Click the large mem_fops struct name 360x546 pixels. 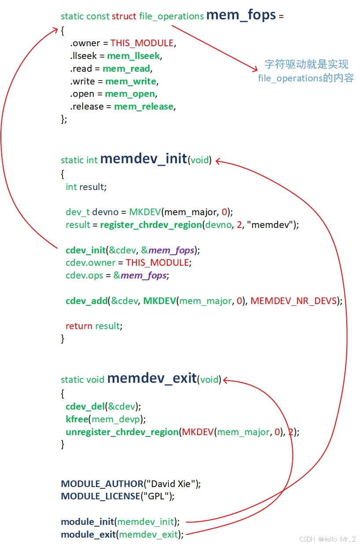[241, 15]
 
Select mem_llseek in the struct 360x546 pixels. [133, 56]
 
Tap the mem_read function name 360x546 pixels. [127, 69]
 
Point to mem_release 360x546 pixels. [144, 106]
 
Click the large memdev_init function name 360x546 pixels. [143, 159]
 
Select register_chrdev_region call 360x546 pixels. [151, 225]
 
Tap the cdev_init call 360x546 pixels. [86, 250]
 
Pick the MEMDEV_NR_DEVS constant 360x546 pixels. [294, 301]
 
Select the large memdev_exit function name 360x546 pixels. [151, 378]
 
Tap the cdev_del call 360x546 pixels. [85, 406]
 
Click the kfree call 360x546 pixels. [77, 419]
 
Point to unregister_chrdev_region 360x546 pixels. [122, 432]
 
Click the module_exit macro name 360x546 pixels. [88, 535]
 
